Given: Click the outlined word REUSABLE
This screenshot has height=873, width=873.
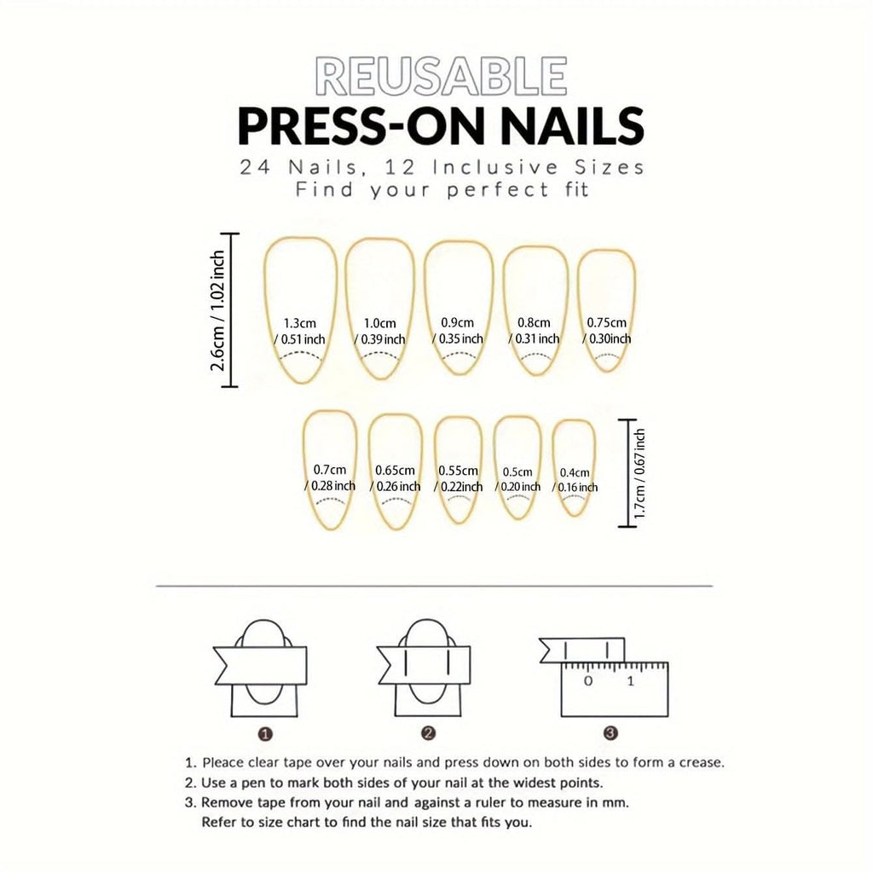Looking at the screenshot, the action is (441, 76).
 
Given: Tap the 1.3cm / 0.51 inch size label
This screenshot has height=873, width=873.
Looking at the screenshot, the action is (299, 332).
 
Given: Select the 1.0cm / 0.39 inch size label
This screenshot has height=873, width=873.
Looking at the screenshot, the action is (379, 332).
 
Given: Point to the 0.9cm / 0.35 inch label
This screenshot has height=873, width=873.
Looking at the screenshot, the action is (458, 331).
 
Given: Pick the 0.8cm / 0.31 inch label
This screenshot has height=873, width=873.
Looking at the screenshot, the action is (534, 331).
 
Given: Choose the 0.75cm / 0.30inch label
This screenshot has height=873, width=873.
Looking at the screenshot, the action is (607, 331).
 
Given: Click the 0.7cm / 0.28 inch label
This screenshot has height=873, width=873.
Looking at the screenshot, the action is (330, 477).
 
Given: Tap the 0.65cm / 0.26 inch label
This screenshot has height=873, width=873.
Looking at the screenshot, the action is (395, 478).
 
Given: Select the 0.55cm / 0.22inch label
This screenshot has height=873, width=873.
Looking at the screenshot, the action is (458, 478).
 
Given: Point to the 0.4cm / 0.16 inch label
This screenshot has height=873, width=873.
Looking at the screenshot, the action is (575, 480).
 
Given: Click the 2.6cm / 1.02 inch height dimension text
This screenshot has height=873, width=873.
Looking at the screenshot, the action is (217, 310).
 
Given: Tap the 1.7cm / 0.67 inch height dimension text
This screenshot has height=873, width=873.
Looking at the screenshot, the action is (639, 473).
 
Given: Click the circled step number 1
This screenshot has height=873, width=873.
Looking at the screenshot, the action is (266, 734).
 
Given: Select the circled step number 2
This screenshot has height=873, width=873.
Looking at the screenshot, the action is (428, 734).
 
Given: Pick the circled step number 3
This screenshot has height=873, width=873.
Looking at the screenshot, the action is (610, 733).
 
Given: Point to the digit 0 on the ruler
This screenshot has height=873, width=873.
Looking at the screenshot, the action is (588, 680).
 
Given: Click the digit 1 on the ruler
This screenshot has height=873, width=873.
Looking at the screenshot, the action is (630, 680).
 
